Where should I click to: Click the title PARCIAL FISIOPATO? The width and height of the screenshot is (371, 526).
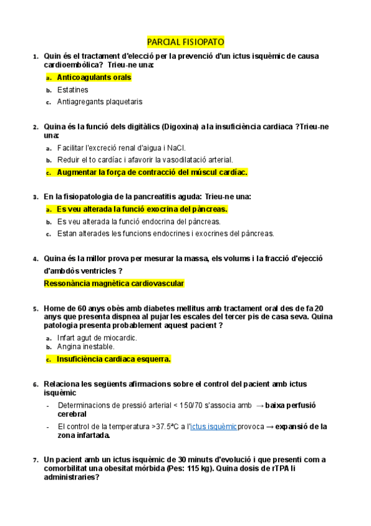(185, 42)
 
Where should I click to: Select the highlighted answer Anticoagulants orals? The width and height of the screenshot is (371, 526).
(94, 78)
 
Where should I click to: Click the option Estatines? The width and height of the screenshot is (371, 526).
(72, 89)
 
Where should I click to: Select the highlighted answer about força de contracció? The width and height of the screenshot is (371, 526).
(152, 172)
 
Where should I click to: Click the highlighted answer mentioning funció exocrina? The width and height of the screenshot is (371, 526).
(142, 209)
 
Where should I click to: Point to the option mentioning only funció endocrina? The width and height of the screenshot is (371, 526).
(138, 221)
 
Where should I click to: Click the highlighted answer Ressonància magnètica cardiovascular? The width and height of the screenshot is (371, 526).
(114, 283)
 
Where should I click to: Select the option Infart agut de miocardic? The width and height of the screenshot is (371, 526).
(97, 337)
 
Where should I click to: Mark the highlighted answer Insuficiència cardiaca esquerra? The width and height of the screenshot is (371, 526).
(113, 359)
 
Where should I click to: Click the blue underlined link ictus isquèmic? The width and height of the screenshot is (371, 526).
(214, 427)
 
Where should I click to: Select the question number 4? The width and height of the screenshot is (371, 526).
(35, 259)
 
